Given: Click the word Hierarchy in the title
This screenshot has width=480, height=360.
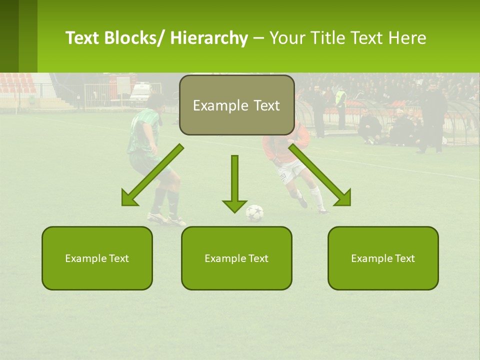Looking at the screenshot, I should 209,38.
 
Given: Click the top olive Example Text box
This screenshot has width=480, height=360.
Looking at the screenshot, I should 236,105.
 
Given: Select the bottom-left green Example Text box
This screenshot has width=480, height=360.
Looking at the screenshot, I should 97,258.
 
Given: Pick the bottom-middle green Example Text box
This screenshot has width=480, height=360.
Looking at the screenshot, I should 236,258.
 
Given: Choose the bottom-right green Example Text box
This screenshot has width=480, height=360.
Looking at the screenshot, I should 383,258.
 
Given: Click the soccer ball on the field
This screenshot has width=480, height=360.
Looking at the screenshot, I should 254,213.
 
